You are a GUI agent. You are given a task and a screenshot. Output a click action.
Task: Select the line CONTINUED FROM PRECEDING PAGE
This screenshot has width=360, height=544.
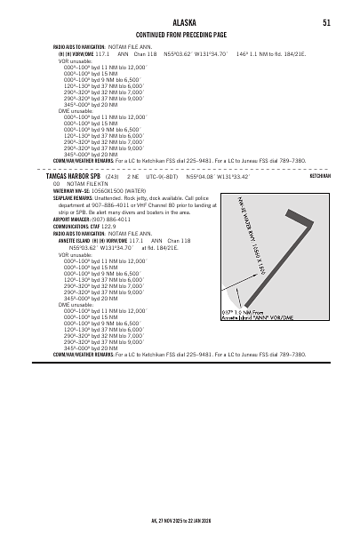(180, 33)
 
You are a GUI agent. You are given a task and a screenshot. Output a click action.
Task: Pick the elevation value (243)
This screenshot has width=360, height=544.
(112, 176)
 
